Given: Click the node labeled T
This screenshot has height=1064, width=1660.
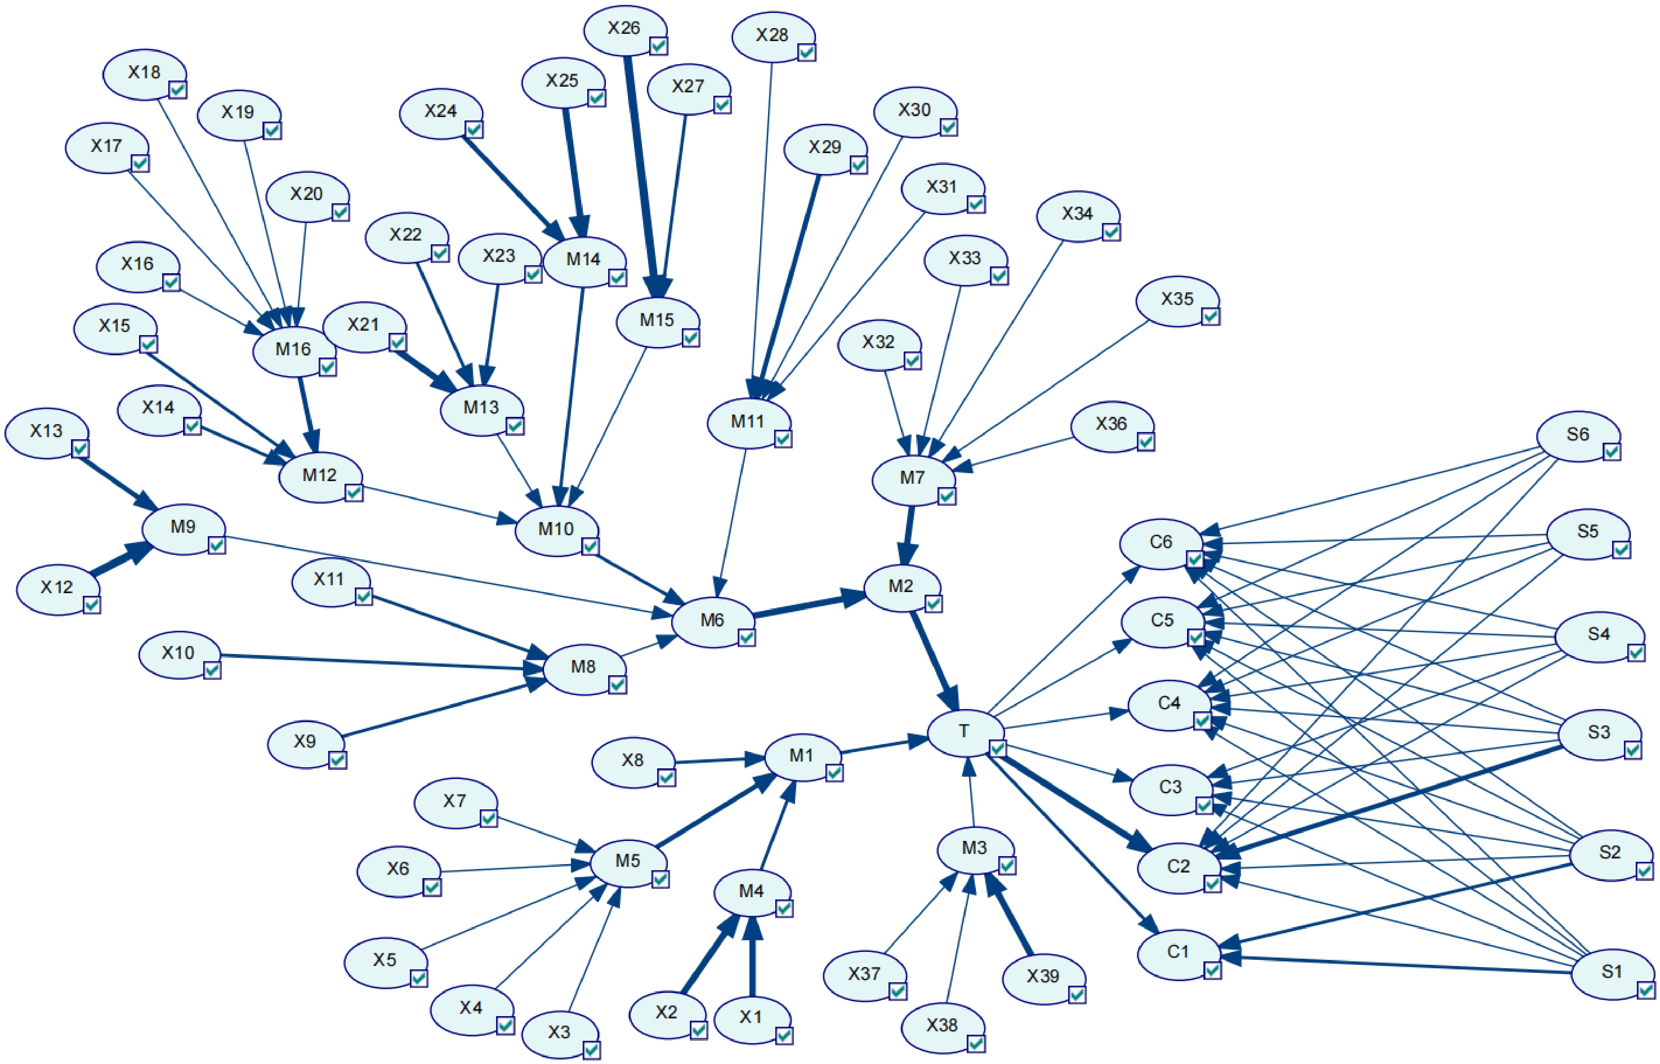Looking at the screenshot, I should [x=964, y=732].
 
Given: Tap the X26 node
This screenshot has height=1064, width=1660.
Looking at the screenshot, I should [x=623, y=28].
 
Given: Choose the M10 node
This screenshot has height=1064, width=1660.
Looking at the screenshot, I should [x=555, y=530].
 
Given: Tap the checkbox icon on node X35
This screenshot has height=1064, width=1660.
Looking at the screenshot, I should [x=1210, y=317].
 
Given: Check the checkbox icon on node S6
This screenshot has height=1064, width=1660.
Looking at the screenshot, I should [x=1611, y=452].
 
